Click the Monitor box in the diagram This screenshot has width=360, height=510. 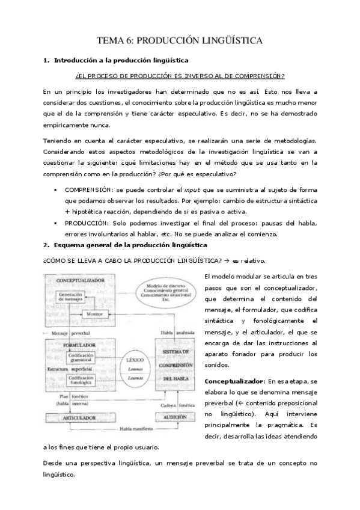click(93, 314)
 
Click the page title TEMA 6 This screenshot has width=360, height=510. click(180, 41)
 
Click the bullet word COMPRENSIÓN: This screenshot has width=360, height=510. click(91, 189)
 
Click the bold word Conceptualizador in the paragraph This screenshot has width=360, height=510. click(233, 381)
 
